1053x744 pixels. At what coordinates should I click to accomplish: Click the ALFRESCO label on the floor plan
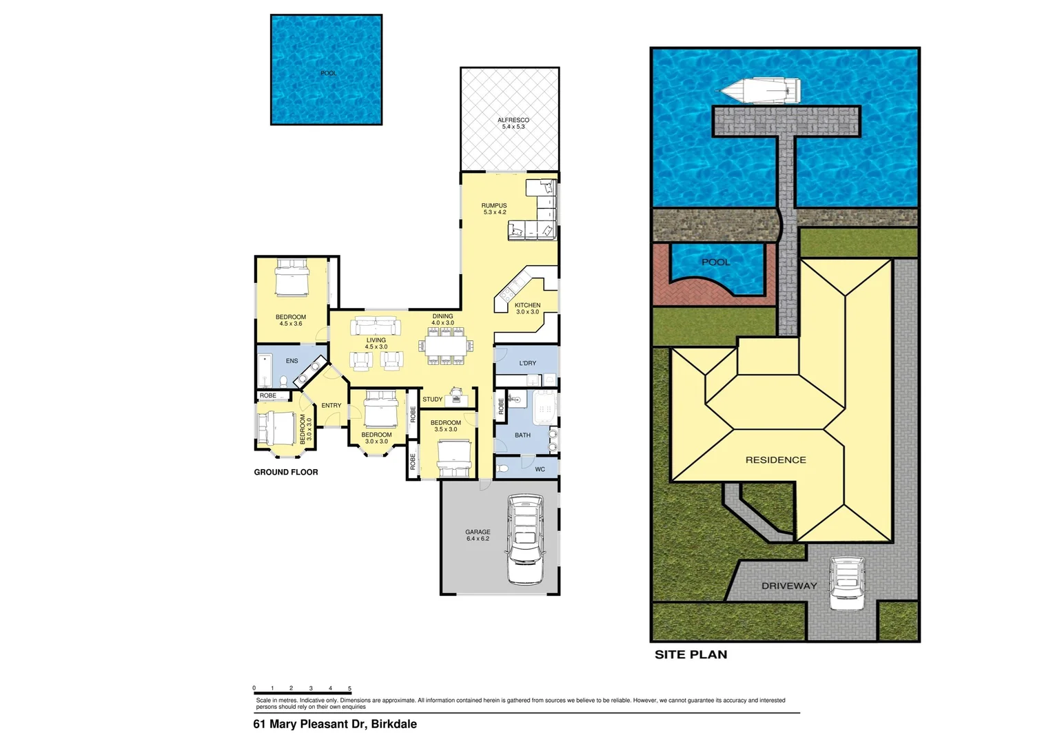(513, 123)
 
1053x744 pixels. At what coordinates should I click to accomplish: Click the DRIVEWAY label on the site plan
(789, 586)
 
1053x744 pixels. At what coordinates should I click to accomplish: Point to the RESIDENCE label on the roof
(775, 459)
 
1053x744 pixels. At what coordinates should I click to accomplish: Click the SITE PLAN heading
(691, 654)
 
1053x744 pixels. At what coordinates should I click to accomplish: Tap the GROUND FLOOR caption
(286, 472)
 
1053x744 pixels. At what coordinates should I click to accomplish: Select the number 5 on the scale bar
(349, 688)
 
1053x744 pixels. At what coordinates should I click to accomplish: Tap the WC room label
(540, 469)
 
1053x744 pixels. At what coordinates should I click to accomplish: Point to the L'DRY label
(528, 363)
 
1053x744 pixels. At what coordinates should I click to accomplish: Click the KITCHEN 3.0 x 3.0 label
(527, 309)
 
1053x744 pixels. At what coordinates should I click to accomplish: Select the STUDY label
(432, 400)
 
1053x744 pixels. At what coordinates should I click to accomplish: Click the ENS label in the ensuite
(292, 361)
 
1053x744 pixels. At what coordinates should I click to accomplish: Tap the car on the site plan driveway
(846, 583)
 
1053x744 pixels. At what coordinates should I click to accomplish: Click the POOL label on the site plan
(715, 262)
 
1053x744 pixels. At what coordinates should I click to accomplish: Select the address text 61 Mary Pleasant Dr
(335, 724)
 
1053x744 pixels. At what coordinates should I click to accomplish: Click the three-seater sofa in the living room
(376, 326)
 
